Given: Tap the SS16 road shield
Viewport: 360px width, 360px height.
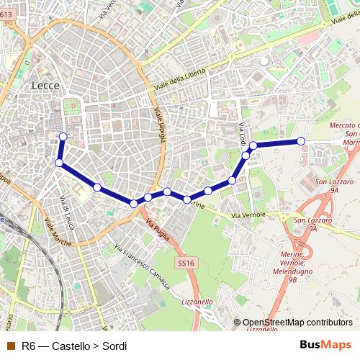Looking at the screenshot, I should (186, 263).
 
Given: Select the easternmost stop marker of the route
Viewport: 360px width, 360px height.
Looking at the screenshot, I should (301, 141).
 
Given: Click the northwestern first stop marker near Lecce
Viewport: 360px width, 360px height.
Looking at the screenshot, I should (63, 136).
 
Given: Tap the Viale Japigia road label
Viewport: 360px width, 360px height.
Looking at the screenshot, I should (159, 124).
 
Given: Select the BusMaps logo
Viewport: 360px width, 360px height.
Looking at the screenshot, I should (325, 346).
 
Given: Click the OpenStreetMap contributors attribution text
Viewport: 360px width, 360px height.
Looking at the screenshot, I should (297, 323).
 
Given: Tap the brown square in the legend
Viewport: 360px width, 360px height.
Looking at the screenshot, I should (10, 346).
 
